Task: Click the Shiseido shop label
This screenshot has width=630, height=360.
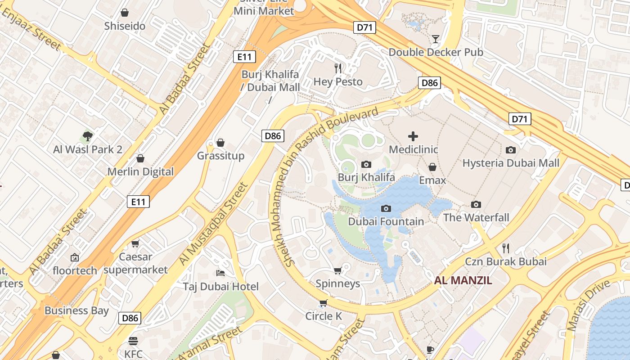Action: click(125, 26)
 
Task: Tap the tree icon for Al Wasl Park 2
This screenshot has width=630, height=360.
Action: click(88, 136)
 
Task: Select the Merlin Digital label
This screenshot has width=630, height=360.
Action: click(140, 172)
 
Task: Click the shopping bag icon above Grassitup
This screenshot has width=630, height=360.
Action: click(220, 143)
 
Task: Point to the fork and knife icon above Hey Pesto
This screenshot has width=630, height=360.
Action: click(338, 68)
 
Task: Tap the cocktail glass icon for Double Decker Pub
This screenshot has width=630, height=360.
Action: click(435, 39)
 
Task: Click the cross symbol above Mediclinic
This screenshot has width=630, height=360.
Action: click(413, 136)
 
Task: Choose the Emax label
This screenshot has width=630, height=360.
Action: click(432, 180)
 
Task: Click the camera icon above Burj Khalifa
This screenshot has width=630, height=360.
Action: click(366, 164)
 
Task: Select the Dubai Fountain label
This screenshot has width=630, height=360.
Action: click(386, 221)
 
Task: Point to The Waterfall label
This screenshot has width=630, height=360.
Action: click(476, 218)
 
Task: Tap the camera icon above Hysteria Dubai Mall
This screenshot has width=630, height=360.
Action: click(511, 150)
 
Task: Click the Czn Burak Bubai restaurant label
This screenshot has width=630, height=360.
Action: click(506, 261)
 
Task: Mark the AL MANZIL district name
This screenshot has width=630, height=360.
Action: click(463, 281)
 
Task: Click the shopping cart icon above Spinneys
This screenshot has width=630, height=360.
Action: click(337, 270)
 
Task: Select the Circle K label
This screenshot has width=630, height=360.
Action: click(324, 316)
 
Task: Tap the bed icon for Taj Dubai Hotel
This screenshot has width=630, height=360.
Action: click(220, 273)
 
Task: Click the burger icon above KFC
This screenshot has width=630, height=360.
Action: click(133, 341)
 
